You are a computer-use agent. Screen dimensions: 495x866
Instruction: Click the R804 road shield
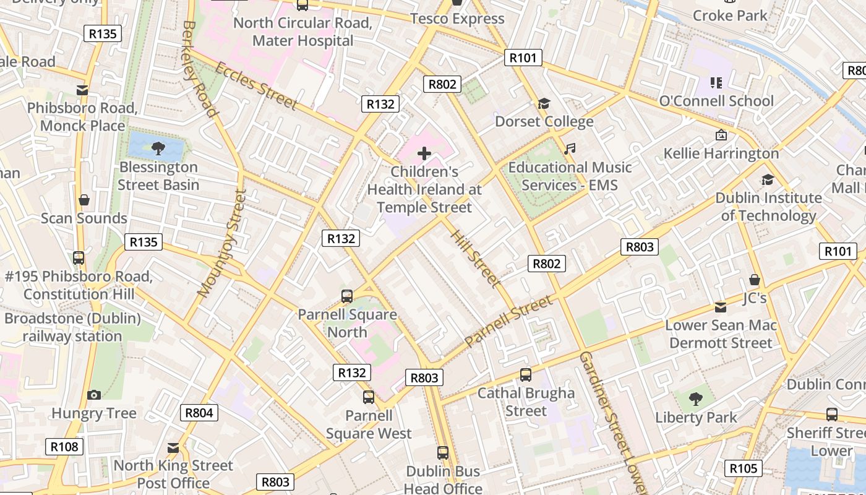click(199, 413)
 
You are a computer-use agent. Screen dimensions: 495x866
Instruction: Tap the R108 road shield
click(64, 446)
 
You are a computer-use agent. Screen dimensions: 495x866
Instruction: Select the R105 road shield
click(744, 468)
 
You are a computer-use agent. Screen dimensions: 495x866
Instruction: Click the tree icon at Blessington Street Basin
click(158, 148)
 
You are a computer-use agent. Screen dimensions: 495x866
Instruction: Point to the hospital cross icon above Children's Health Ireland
click(424, 153)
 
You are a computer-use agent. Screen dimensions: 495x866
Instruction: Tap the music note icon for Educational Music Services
click(570, 149)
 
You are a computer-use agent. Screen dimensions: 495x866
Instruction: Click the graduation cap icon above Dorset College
click(544, 103)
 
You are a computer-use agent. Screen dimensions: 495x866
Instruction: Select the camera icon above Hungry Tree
click(94, 395)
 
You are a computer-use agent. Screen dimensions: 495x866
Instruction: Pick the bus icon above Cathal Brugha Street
click(526, 374)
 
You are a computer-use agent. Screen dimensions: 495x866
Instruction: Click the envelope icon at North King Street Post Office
click(173, 447)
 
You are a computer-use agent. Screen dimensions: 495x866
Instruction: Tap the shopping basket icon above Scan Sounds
click(84, 200)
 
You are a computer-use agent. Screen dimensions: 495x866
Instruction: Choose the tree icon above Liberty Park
click(696, 399)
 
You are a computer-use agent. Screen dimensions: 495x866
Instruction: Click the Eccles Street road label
click(256, 85)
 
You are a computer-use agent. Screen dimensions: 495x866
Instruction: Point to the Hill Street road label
click(475, 259)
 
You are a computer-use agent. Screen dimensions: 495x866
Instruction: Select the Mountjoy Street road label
click(221, 243)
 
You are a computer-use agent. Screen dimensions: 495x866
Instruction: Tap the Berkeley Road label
click(199, 68)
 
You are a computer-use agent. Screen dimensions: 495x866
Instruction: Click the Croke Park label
click(730, 15)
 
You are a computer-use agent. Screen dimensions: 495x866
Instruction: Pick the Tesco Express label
click(457, 19)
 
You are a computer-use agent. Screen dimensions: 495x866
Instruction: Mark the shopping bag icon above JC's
click(754, 280)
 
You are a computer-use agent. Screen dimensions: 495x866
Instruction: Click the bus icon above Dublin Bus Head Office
click(443, 453)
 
